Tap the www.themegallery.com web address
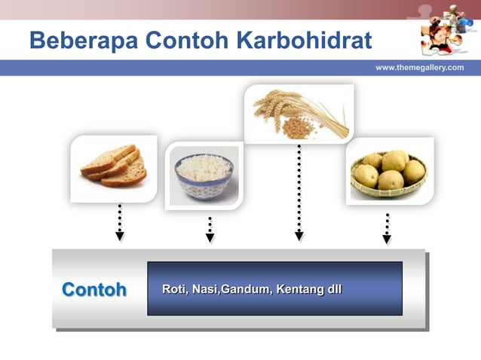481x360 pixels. pyautogui.click(x=419, y=68)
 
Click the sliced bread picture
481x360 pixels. pyautogui.click(x=114, y=167)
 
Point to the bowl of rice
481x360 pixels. pyautogui.click(x=204, y=175)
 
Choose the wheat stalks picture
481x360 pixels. pyautogui.click(x=299, y=113)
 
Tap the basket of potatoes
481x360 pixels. pyautogui.click(x=389, y=172)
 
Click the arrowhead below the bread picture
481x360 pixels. pyautogui.click(x=120, y=236)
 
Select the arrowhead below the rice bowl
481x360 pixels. pyautogui.click(x=210, y=238)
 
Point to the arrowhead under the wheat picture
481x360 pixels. pyautogui.click(x=299, y=236)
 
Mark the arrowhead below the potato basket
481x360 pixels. pyautogui.click(x=387, y=239)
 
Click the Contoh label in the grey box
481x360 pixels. pyautogui.click(x=93, y=290)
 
